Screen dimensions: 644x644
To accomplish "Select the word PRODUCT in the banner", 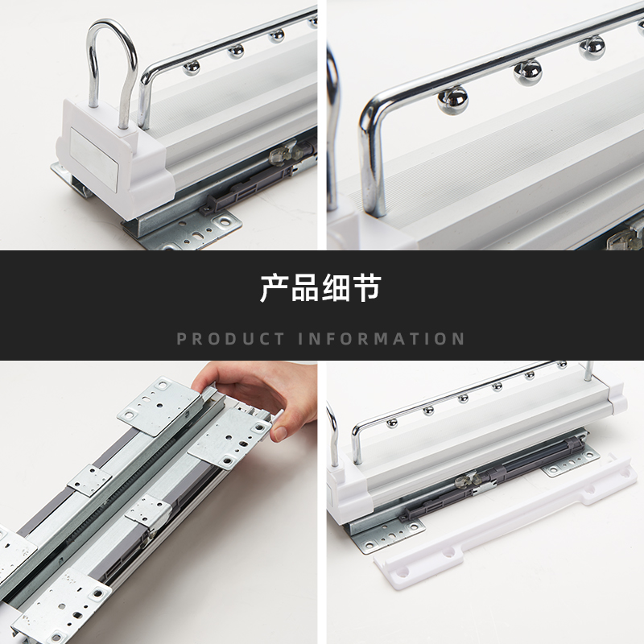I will pos(230,339).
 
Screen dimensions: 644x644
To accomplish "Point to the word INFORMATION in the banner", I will pos(382,339).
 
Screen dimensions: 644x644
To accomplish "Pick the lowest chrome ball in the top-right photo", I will pos(452,101).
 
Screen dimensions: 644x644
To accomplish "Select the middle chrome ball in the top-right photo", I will pos(529,72).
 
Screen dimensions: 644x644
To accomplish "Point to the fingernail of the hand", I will pos(280,432).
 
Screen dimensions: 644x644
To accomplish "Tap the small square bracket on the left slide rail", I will pos(89,481).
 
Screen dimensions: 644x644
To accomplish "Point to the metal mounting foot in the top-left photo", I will pos(197,229).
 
